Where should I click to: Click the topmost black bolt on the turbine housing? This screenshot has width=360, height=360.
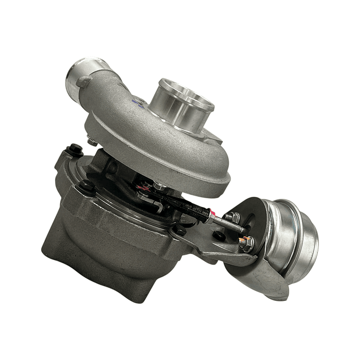[x=75, y=149]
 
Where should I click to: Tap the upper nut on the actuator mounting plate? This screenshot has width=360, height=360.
[x=233, y=217]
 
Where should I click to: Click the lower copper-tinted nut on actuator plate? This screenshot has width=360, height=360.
[x=246, y=244]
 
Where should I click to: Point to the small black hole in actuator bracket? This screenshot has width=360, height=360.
[x=219, y=236]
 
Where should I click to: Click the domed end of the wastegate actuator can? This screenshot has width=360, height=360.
[x=303, y=245]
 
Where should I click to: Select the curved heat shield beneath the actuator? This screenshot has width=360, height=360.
[x=260, y=280]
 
